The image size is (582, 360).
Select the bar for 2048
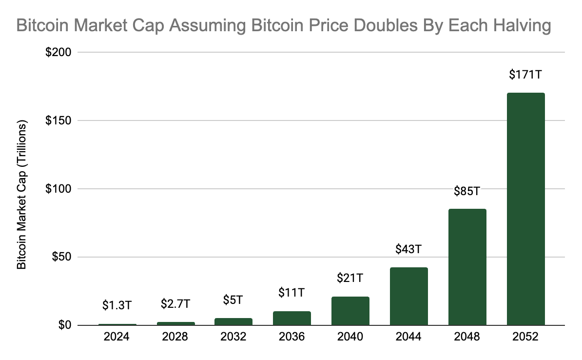click(467, 267)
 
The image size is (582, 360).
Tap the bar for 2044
click(408, 296)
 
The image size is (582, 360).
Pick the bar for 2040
click(350, 311)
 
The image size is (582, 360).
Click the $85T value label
click(467, 191)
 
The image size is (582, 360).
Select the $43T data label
click(408, 249)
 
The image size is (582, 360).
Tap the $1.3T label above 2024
click(116, 305)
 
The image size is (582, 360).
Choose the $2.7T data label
click(175, 303)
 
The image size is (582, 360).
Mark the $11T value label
click(291, 293)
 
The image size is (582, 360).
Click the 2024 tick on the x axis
click(116, 337)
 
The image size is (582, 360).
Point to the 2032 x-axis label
click(233, 337)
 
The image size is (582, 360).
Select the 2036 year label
click(291, 337)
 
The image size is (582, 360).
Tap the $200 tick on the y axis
click(58, 52)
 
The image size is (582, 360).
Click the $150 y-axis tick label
click(58, 120)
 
